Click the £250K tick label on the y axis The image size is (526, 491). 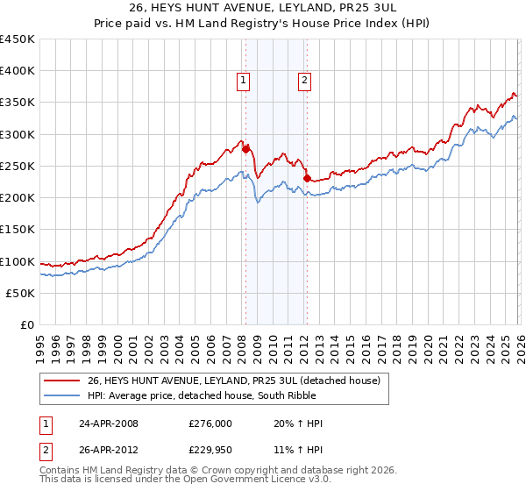(18, 166)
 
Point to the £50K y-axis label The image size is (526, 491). (20, 293)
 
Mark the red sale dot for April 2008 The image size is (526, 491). (245, 148)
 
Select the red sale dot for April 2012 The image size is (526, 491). (307, 178)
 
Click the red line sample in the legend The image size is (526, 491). (62, 381)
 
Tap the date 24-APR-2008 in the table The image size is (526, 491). (109, 423)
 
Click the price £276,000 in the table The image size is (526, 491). (210, 423)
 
